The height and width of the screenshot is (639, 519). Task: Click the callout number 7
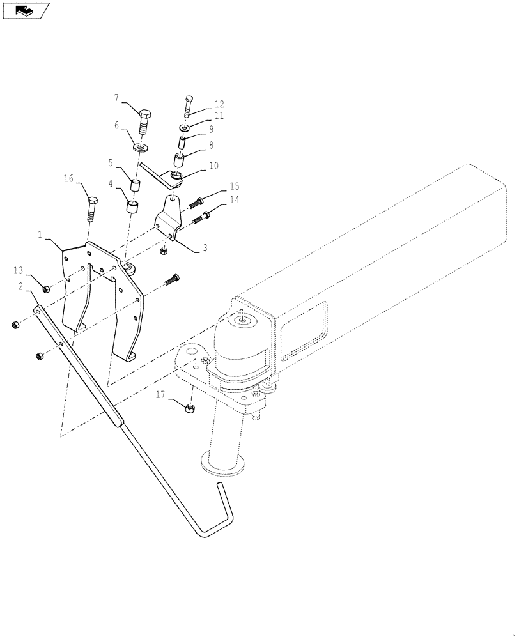click(x=116, y=98)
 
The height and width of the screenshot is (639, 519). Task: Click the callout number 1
click(x=40, y=235)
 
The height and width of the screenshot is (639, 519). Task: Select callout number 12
click(x=219, y=104)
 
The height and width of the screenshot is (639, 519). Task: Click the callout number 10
click(x=213, y=166)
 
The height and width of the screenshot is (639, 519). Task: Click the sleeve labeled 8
click(x=179, y=157)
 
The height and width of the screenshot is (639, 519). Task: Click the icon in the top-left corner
click(x=26, y=10)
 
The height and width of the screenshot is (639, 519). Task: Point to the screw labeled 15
click(x=199, y=202)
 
